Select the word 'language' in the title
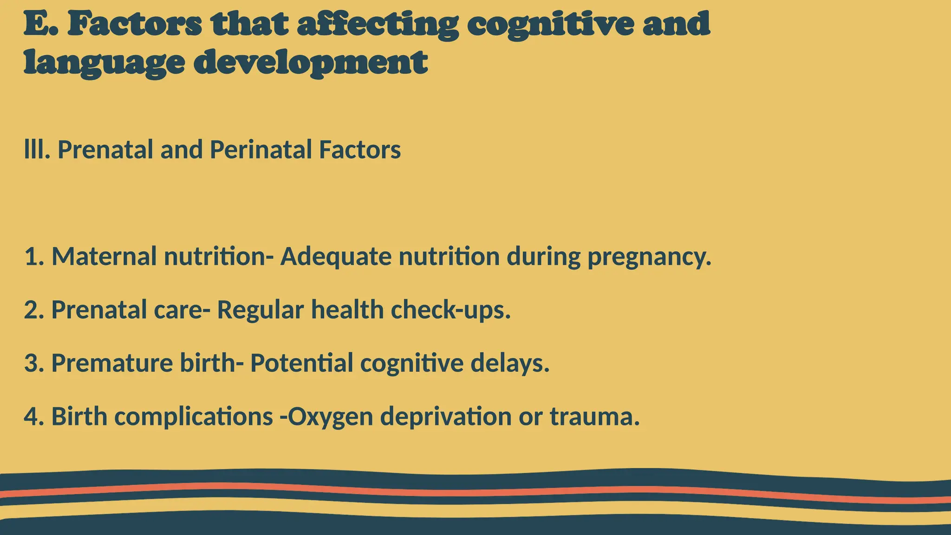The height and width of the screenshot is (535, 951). click(104, 63)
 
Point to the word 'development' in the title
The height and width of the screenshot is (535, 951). click(310, 63)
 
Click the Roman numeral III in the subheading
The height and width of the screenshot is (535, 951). click(36, 150)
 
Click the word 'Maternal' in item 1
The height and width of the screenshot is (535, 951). click(104, 256)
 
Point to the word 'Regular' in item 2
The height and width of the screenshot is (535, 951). click(261, 310)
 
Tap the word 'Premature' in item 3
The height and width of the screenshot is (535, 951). click(112, 363)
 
